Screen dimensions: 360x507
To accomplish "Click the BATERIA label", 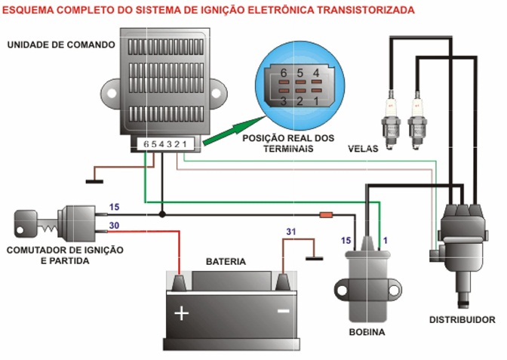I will pos(226,261).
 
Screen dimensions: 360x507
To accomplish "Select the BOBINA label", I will pos(367,331).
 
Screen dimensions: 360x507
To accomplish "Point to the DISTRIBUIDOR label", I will pos(462,319).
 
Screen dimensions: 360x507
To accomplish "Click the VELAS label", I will pos(363,147).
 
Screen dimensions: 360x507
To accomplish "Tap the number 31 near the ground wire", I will pos(291,232).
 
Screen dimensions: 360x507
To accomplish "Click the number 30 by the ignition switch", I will pos(114,226).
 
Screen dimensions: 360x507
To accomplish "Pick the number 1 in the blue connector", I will pos(317,99).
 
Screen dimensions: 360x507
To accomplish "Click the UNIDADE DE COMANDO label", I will pos(60,45).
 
